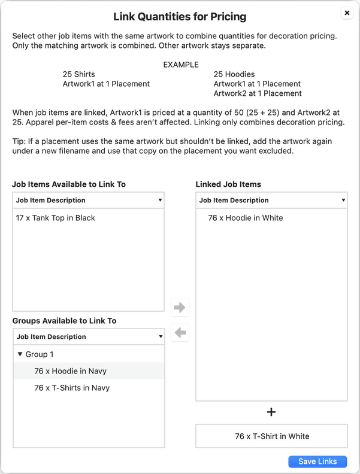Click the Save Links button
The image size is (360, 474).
[x=317, y=461]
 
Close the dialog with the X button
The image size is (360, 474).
[x=347, y=13]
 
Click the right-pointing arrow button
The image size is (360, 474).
[x=180, y=308]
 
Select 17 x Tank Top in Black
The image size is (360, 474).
[x=56, y=218]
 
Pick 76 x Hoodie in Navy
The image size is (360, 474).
[x=71, y=371]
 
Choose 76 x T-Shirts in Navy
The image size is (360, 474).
[x=72, y=388]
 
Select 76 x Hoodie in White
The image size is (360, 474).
[x=246, y=218]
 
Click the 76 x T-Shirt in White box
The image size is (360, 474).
[x=271, y=436]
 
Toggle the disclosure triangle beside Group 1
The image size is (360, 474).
[x=20, y=354]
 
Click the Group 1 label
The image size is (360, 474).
[x=40, y=354]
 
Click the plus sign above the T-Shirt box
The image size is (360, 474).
[x=271, y=412]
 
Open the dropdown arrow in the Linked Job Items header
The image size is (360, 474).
[x=343, y=200]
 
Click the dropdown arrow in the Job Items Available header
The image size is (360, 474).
[x=160, y=200]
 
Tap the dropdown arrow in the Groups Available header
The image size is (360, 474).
[x=160, y=337]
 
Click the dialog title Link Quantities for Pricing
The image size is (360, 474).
[x=180, y=17]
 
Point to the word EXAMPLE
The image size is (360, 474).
[x=181, y=65]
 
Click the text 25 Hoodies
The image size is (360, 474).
[x=234, y=74]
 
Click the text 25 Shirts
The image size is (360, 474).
[x=79, y=74]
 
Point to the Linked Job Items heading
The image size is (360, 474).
[x=228, y=184]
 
